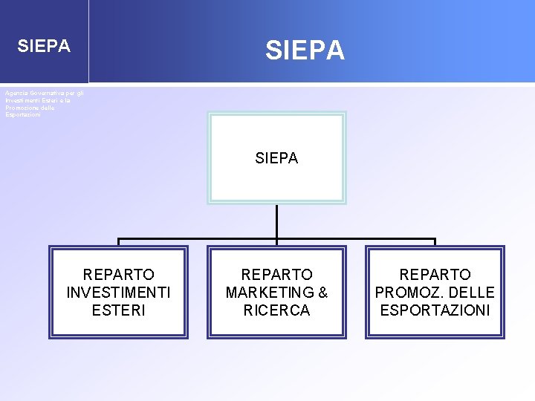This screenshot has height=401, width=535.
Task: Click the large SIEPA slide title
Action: point(305,50)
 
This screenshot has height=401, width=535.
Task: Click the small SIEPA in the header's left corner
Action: point(44,46)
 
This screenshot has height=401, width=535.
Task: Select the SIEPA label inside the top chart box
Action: point(276,158)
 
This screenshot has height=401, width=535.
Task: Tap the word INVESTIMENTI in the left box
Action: point(118,293)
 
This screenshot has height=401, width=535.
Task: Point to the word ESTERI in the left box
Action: point(118,310)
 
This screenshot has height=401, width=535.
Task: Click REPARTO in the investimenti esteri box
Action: point(118,275)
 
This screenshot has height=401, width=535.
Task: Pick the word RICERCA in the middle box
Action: point(276,310)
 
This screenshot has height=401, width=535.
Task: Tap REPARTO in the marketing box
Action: point(276,275)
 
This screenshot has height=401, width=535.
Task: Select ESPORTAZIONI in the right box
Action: point(435,310)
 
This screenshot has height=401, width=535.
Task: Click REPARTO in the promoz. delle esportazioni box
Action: point(435,275)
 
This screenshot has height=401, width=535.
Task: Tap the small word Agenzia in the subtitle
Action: point(15,93)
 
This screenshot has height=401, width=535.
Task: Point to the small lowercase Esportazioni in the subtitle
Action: point(23,114)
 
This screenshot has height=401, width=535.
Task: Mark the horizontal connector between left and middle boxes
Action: point(197,240)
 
